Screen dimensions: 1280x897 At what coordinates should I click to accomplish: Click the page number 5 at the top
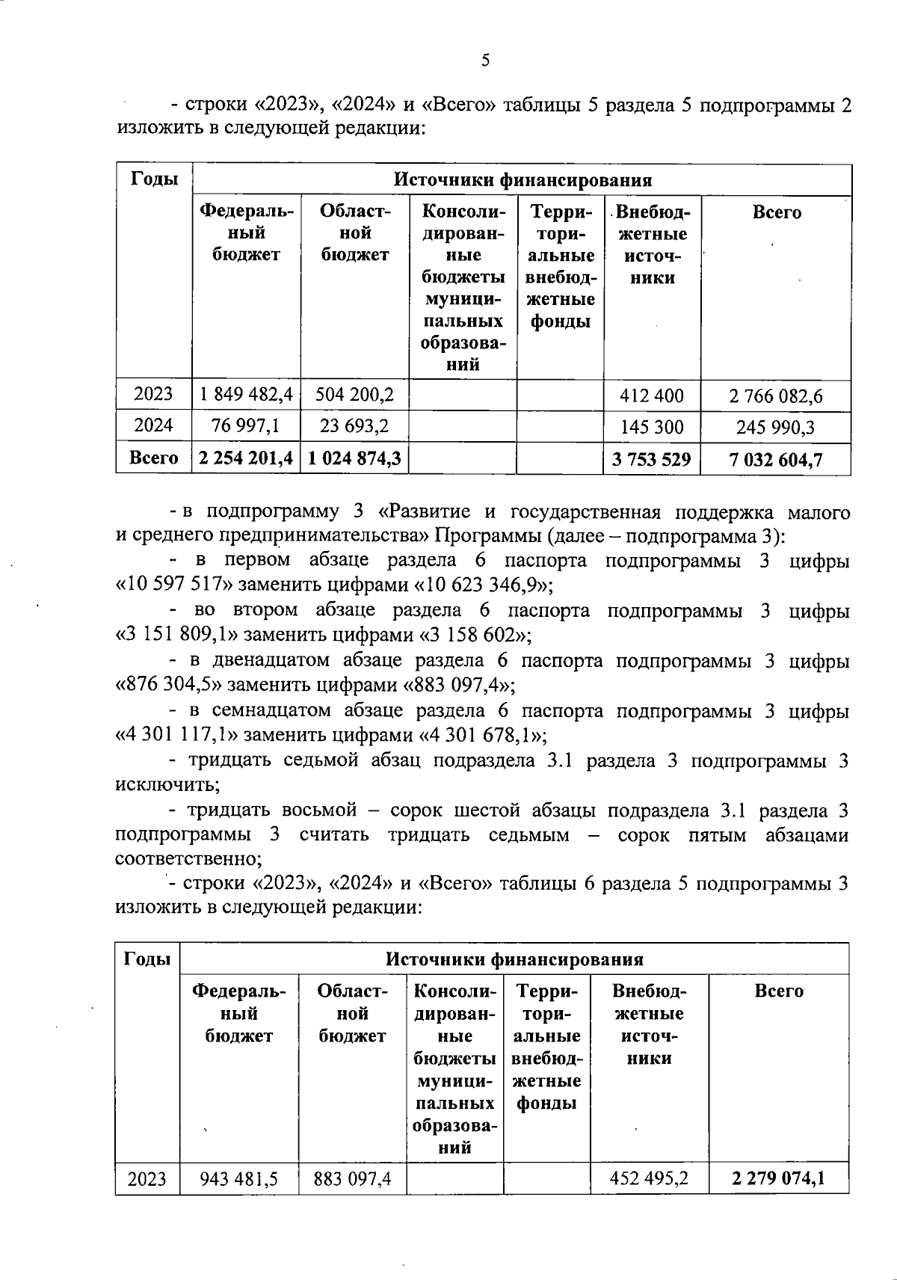click(485, 61)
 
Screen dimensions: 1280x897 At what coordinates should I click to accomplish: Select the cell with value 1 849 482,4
click(246, 394)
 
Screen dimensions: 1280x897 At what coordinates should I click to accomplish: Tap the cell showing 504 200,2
click(354, 394)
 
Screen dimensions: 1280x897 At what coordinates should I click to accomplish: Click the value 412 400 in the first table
click(652, 396)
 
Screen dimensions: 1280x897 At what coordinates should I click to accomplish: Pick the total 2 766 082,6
click(775, 396)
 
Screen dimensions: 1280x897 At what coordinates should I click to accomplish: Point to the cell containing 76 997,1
click(246, 425)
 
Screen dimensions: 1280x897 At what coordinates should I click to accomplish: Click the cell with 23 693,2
click(354, 425)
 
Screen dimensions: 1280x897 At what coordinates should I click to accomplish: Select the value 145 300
click(652, 427)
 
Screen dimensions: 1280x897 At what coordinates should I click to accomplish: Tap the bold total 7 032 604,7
click(775, 460)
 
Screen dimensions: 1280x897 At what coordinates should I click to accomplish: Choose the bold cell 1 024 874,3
click(354, 458)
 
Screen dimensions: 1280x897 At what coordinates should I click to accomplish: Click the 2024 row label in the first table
click(153, 425)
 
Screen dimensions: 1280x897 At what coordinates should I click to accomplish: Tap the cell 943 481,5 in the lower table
click(238, 1179)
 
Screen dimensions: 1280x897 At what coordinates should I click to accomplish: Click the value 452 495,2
click(649, 1179)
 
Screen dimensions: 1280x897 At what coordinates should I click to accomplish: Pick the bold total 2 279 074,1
click(778, 1179)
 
